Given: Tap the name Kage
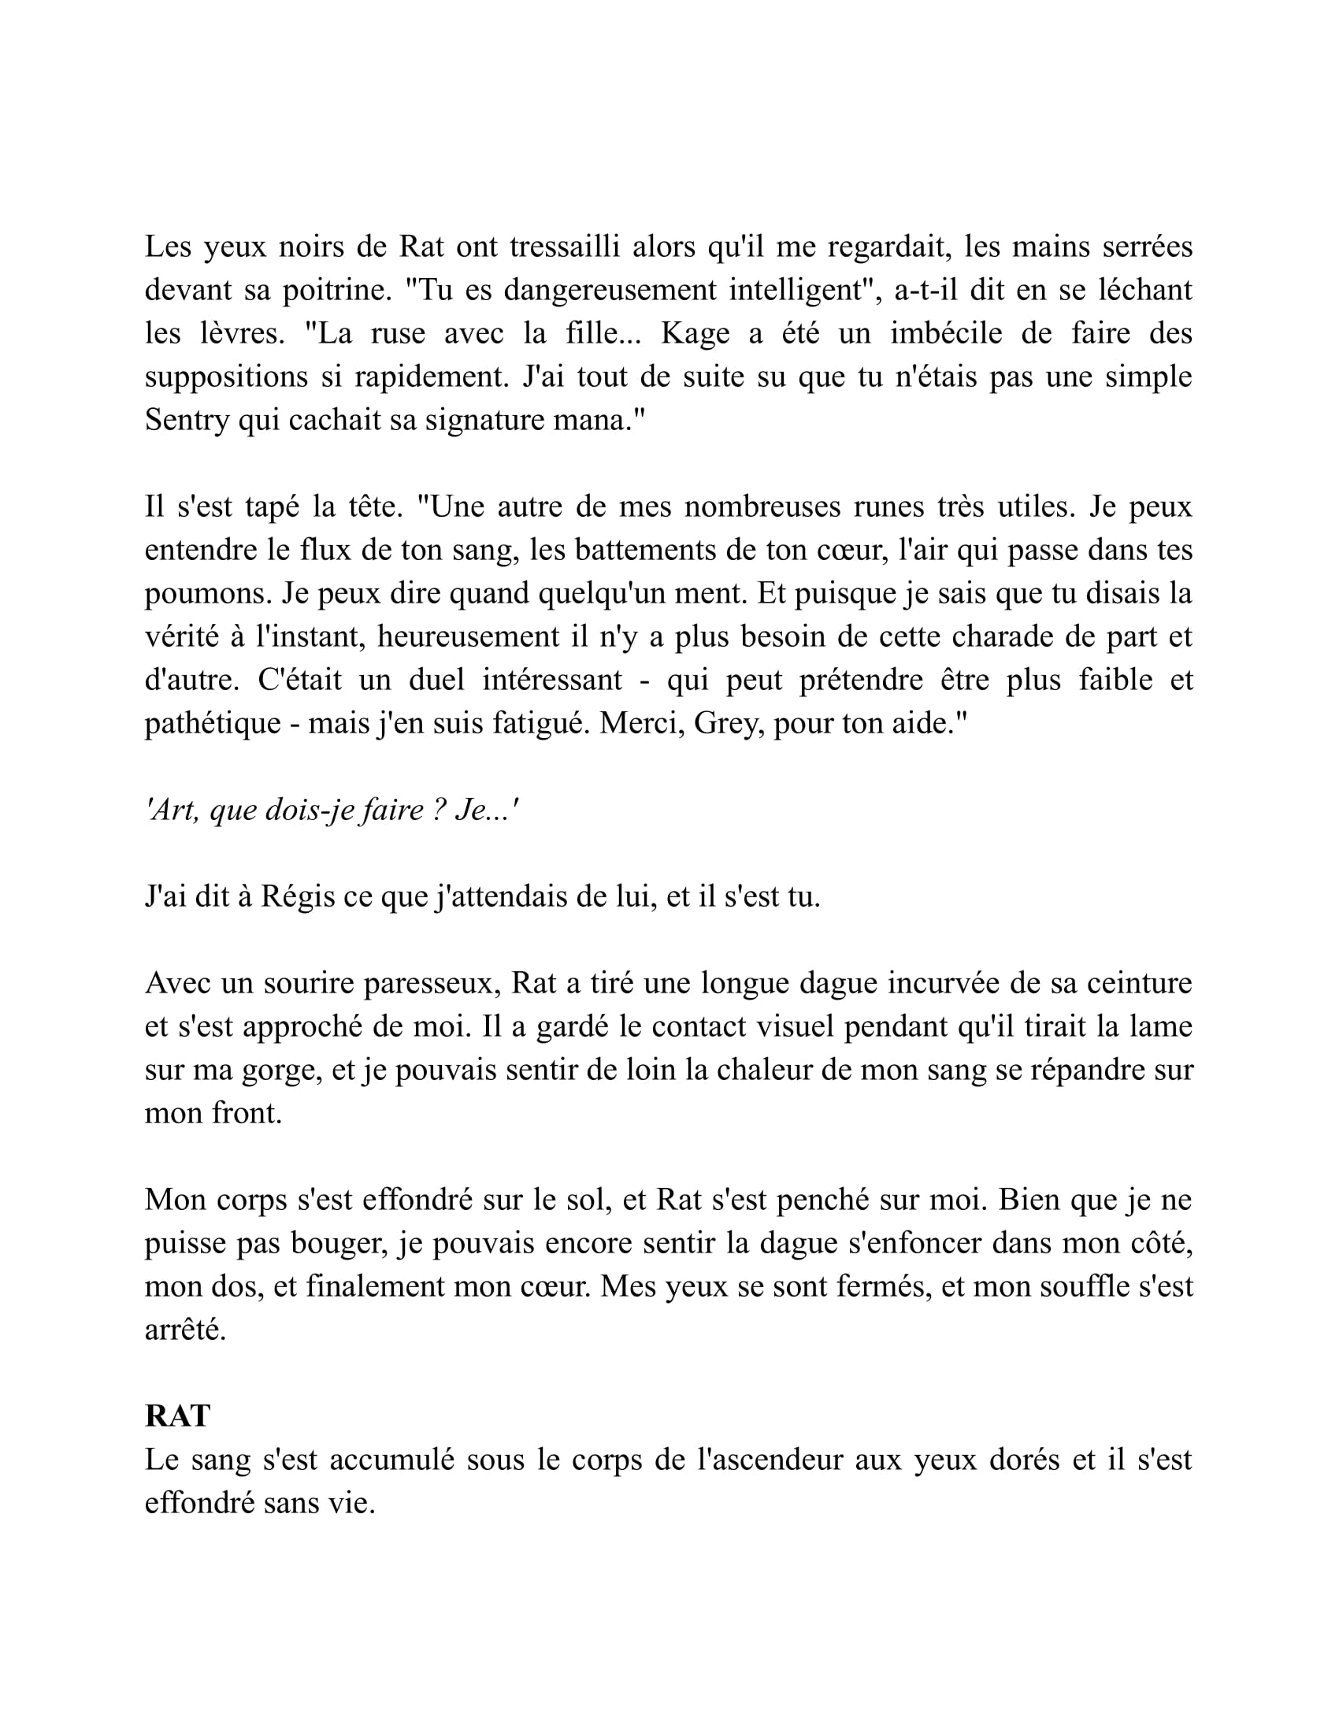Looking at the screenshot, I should (x=695, y=333).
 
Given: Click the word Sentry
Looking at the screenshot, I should (x=187, y=420).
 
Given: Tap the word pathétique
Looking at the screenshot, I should (x=213, y=723).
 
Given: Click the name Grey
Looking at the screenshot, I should (x=722, y=723).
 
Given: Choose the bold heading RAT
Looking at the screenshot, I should (x=177, y=1416).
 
